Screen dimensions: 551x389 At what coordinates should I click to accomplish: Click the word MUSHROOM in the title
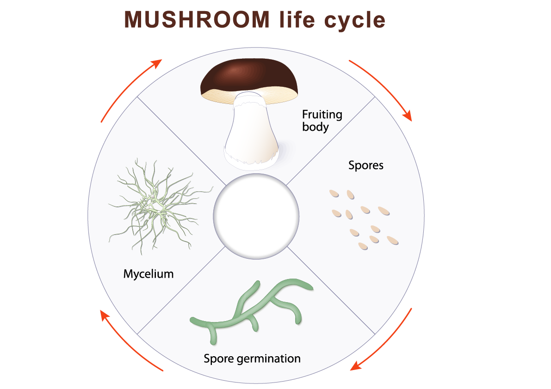coord(197,19)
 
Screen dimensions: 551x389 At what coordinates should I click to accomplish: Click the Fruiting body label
coord(322,120)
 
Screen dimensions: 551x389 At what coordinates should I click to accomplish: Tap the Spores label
coord(366,165)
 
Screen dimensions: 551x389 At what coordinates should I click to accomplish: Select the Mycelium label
coord(149,274)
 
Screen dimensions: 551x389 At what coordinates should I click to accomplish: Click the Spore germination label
coord(252,359)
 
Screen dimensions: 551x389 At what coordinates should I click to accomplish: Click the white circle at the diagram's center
coord(256,216)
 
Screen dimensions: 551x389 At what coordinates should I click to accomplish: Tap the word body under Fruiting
coord(315,127)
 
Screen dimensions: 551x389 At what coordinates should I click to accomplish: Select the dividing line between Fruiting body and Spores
coord(331,140)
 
